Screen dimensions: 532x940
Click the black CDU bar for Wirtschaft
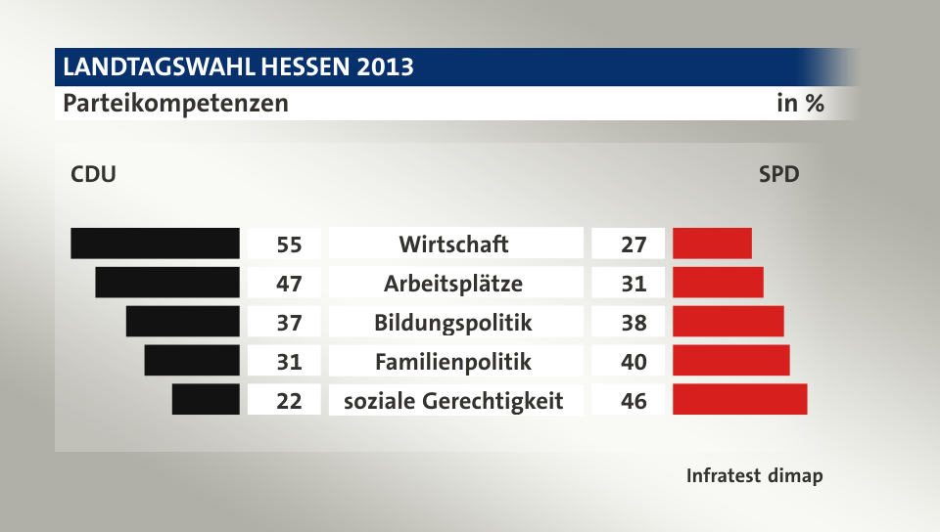[x=155, y=244]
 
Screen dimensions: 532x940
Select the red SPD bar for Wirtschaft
[x=712, y=244]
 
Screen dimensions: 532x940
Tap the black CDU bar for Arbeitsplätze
[x=167, y=283]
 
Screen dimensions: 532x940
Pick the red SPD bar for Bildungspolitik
[x=728, y=322]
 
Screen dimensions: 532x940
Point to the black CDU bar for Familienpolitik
[x=192, y=361]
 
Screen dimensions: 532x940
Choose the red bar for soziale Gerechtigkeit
[x=739, y=400]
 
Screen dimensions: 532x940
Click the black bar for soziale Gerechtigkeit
[x=206, y=400]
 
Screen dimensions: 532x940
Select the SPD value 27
[x=634, y=244]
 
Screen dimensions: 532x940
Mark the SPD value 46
[x=634, y=401]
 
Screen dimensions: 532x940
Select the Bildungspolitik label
[x=453, y=323]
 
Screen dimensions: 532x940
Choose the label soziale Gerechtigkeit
[x=453, y=401]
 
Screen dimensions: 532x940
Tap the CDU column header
[x=93, y=175]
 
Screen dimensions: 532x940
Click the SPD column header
[x=778, y=175]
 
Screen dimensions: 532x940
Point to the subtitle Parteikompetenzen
[x=176, y=103]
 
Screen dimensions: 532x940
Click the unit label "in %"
[x=800, y=103]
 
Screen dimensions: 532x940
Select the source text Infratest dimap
[x=754, y=476]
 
